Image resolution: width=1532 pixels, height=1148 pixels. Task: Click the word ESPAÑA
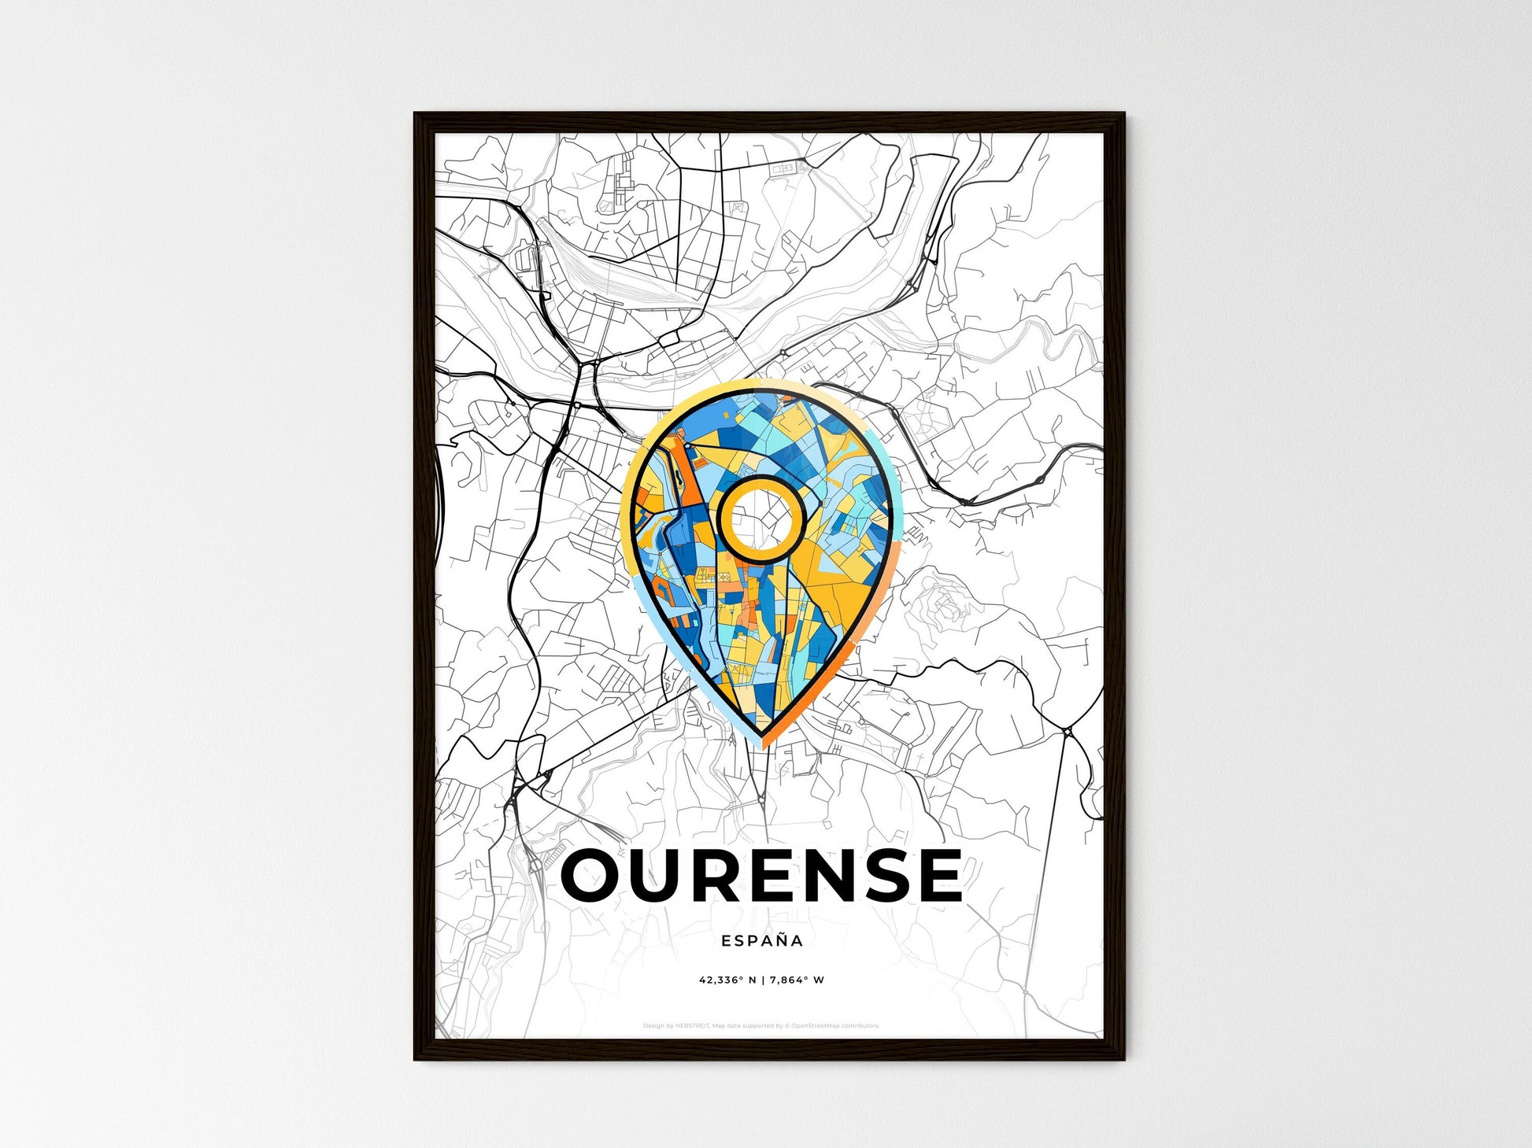(762, 940)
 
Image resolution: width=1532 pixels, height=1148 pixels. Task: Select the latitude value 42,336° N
(727, 980)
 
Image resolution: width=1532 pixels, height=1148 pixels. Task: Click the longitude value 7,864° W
(797, 980)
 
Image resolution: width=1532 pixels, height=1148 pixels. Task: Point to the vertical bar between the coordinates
(763, 980)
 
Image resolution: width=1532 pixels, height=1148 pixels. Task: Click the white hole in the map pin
(761, 519)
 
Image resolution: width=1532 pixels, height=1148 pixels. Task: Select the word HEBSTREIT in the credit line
(693, 1026)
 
